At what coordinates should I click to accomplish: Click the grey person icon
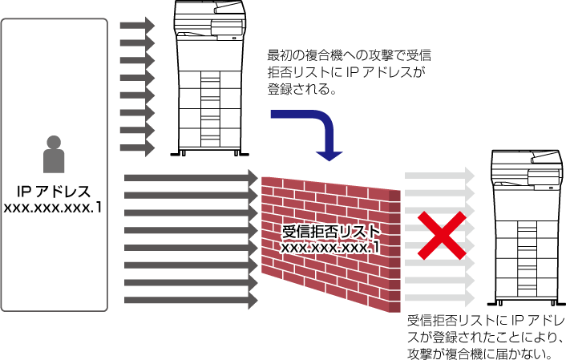54,155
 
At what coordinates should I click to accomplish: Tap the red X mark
443,236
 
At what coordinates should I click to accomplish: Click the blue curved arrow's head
329,156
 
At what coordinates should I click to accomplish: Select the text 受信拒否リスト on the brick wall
330,232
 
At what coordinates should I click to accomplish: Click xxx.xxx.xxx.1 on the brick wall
330,248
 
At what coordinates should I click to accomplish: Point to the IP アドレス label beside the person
54,192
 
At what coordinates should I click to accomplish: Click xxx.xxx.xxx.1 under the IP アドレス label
53,208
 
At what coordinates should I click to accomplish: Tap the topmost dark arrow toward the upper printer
138,26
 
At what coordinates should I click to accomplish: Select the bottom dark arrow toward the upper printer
138,148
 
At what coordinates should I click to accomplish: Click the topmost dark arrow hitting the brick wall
192,178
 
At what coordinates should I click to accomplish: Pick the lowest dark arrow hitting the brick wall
192,300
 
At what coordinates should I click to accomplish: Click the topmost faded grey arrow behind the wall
439,176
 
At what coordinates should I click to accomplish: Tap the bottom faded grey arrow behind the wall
439,298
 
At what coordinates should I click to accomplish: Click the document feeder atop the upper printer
210,7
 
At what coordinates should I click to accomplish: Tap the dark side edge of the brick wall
395,251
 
